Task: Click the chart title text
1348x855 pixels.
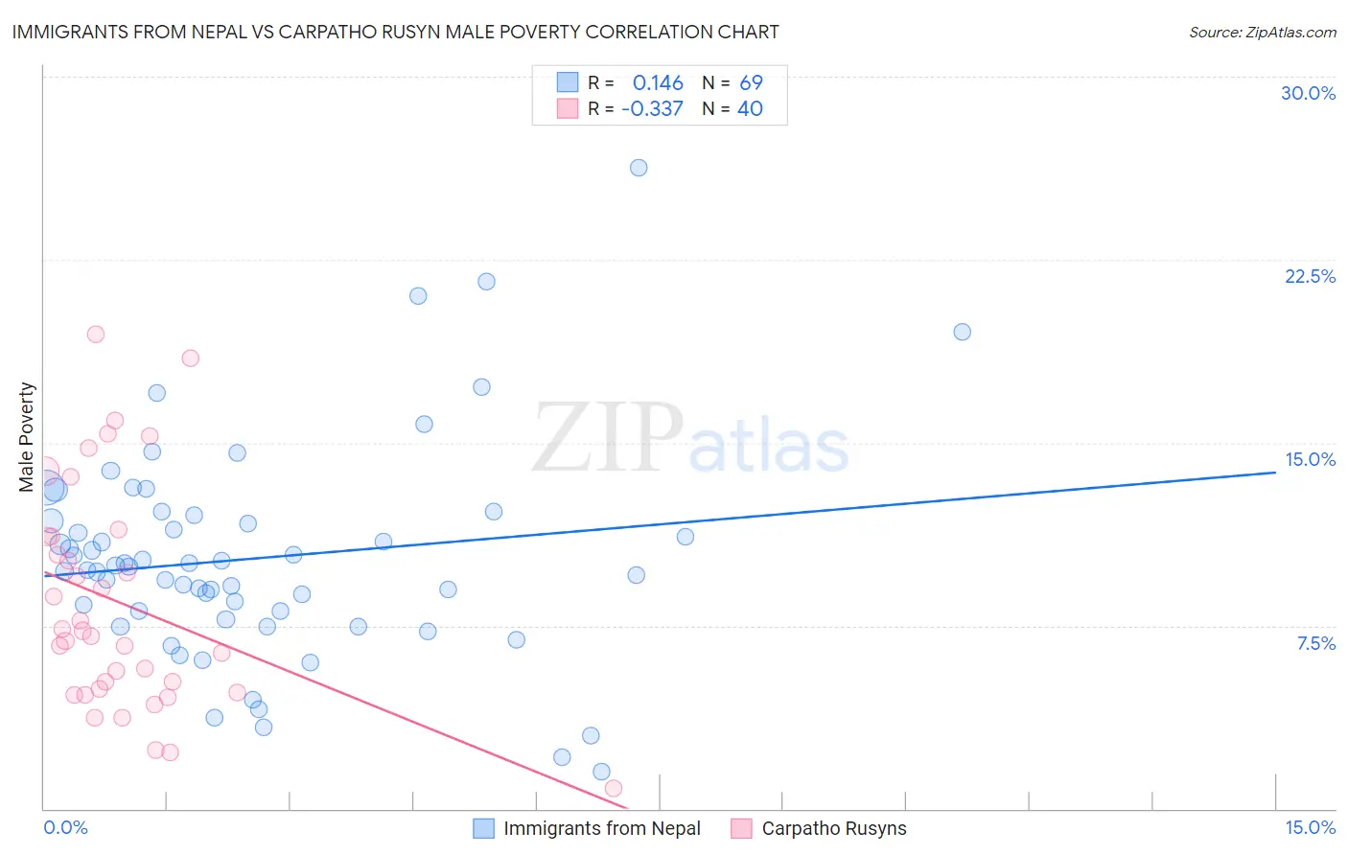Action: click(395, 32)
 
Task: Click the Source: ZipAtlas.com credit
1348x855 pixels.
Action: click(1262, 32)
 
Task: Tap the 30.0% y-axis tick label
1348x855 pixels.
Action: click(1308, 93)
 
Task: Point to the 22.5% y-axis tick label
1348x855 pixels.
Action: click(1310, 276)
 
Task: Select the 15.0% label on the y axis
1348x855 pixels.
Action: click(1310, 459)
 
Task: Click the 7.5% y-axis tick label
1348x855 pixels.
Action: click(1315, 643)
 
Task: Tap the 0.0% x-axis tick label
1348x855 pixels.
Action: click(65, 827)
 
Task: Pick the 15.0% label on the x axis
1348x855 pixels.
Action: click(1310, 827)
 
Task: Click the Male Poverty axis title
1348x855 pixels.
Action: click(27, 437)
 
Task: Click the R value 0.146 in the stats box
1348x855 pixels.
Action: click(658, 83)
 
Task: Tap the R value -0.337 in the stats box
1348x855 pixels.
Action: click(652, 109)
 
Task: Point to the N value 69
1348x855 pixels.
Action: click(751, 83)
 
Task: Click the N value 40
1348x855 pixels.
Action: click(750, 109)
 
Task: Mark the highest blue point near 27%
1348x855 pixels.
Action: click(639, 168)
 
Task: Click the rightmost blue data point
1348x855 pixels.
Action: click(962, 332)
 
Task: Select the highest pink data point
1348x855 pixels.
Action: click(95, 335)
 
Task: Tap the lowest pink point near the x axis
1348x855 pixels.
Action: click(614, 788)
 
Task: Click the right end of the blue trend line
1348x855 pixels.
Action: click(1275, 472)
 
